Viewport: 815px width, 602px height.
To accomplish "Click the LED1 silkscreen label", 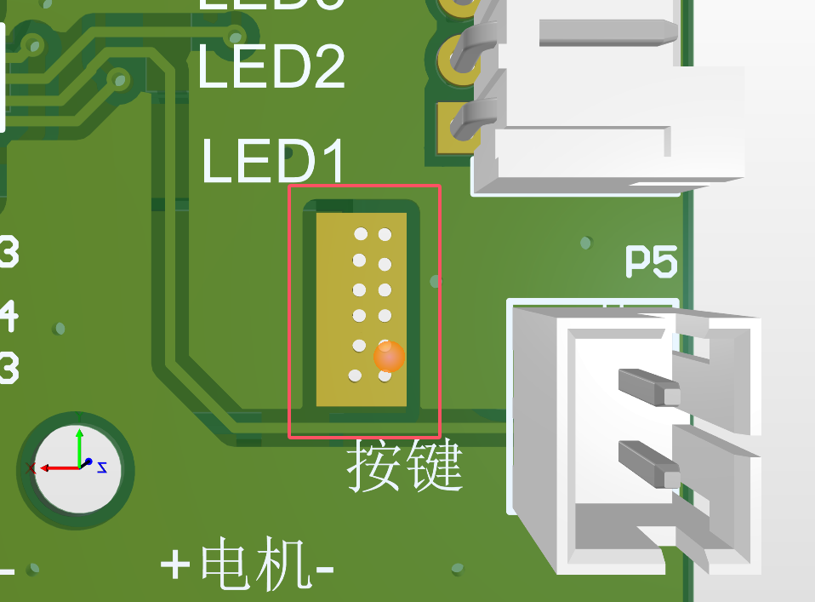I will pyautogui.click(x=274, y=162).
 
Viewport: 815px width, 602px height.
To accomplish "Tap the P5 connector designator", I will pyautogui.click(x=652, y=262).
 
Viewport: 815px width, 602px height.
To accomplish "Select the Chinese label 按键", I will pyautogui.click(x=404, y=466).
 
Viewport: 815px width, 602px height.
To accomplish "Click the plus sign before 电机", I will pyautogui.click(x=176, y=565).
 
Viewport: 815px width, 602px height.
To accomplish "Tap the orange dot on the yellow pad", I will pyautogui.click(x=389, y=358).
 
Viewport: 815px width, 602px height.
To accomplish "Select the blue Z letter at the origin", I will pyautogui.click(x=102, y=467).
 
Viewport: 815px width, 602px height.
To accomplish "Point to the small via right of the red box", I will pyautogui.click(x=436, y=279).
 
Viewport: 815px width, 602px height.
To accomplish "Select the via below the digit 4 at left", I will pyautogui.click(x=59, y=328).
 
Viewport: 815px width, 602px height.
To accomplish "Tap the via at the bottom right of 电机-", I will pyautogui.click(x=457, y=568).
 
